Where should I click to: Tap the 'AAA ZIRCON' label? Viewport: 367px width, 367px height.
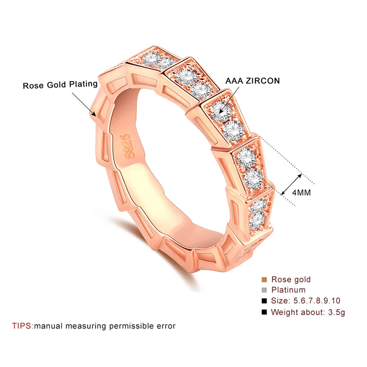click(253, 81)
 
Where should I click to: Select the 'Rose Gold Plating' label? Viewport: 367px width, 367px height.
click(60, 84)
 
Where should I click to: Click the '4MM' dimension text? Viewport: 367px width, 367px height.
click(301, 193)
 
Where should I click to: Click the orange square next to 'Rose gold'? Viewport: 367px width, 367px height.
click(264, 279)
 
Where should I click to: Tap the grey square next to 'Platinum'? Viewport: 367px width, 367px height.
click(264, 290)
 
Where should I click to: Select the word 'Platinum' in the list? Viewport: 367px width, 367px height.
click(289, 290)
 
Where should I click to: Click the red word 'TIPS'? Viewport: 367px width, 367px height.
click(22, 326)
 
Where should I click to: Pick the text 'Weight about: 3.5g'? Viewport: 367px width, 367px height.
click(308, 312)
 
